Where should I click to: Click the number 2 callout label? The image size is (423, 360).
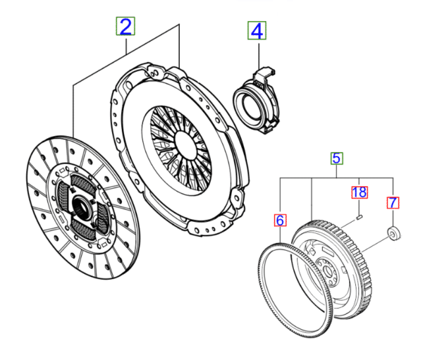click(125, 27)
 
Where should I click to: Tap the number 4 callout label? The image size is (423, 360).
click(257, 31)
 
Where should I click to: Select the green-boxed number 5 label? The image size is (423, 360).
click(337, 158)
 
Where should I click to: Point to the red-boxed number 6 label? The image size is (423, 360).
click(280, 220)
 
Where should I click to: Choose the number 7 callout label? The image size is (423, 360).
click(392, 204)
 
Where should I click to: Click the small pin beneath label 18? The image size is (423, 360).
click(360, 218)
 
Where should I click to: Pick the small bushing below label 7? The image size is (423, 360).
click(392, 233)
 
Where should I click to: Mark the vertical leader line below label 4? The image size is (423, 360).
click(257, 53)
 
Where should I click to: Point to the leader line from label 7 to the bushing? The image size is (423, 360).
click(392, 218)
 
